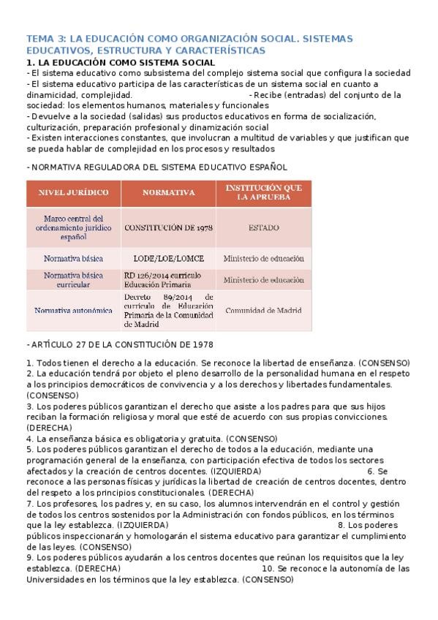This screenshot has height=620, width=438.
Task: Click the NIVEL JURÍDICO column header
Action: [x=73, y=192]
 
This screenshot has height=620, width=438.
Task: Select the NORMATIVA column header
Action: [x=168, y=192]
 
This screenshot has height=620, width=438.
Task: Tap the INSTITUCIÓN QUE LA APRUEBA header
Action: [x=263, y=192]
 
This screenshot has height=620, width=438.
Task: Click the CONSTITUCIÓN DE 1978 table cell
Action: [x=168, y=227]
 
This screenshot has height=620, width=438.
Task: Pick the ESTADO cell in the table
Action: [x=263, y=227]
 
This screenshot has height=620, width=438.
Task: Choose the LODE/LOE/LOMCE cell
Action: [x=168, y=259]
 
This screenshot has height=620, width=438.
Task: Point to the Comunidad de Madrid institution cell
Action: [x=263, y=310]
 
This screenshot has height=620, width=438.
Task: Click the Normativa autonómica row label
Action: [x=73, y=310]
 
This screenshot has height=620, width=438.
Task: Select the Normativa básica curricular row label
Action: [x=73, y=280]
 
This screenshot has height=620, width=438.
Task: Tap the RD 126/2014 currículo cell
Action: [x=162, y=280]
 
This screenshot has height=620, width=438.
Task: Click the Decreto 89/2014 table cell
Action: [x=168, y=310]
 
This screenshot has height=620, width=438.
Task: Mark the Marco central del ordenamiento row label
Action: [x=73, y=227]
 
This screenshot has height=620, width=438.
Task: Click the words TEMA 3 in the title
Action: [x=46, y=39]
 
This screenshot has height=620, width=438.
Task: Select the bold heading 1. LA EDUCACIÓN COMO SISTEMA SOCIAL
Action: [x=121, y=63]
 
